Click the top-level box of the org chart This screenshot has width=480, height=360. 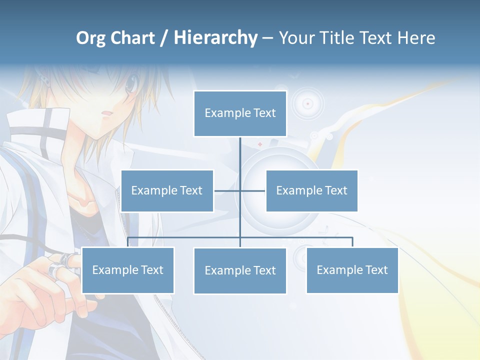240,113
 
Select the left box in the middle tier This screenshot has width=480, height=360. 167,190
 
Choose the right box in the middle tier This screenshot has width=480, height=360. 311,190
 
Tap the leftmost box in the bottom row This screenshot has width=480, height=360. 128,270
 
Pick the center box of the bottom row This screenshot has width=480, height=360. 240,270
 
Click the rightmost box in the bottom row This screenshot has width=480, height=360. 352,270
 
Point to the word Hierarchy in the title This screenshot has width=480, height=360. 215,38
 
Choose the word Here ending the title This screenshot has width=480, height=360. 416,38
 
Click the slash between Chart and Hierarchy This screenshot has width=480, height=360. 164,38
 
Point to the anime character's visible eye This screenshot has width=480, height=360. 131,84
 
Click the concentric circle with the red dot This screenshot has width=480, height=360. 307,103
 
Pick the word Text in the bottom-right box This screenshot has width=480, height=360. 376,270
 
